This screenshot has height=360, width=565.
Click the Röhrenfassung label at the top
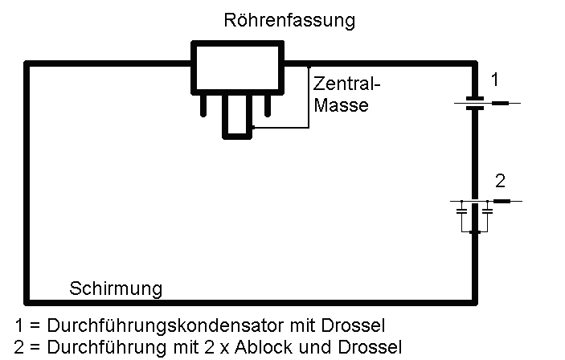pyautogui.click(x=289, y=21)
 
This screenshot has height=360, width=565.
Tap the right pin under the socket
pyautogui.click(x=268, y=104)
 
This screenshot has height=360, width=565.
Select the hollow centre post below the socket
pyautogui.click(x=237, y=117)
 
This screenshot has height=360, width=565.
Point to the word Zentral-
pyautogui.click(x=346, y=84)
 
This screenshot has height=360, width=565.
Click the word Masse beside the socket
pyautogui.click(x=341, y=104)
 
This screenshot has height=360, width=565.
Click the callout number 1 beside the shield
pyautogui.click(x=496, y=80)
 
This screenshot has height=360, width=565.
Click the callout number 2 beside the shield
pyautogui.click(x=499, y=178)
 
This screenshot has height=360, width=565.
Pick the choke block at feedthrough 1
pyautogui.click(x=500, y=103)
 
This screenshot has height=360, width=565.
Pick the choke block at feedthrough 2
pyautogui.click(x=501, y=201)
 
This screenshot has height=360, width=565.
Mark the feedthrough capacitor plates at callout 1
pyautogui.click(x=475, y=103)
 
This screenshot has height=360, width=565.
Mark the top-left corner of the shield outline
pyautogui.click(x=28, y=63)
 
